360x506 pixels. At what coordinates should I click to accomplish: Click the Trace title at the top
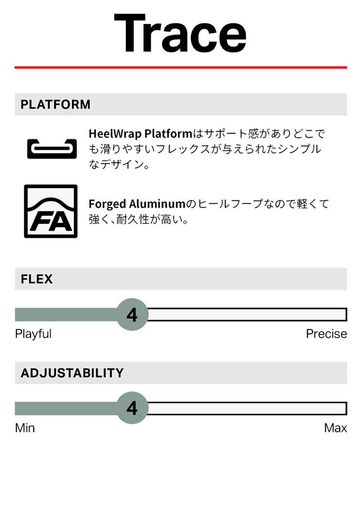pos(180,33)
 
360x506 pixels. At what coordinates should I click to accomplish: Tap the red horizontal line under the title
pos(180,68)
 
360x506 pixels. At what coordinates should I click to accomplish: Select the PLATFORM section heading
pos(55,105)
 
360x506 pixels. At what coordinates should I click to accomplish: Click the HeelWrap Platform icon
pos(52,149)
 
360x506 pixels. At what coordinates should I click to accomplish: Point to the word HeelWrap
pos(115,134)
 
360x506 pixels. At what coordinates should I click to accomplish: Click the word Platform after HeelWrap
pos(168,134)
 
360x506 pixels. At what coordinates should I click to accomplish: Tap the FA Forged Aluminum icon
pos(51,211)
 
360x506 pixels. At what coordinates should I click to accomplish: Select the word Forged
pos(108,204)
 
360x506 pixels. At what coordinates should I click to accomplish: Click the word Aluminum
pos(157,204)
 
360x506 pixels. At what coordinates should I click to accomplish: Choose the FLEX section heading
pos(36,279)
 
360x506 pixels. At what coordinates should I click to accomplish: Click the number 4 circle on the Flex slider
pos(132,315)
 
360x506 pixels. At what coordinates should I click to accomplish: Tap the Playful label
pos(33,334)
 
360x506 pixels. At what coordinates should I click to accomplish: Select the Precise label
pos(326,334)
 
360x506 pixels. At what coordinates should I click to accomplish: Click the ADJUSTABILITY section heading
pos(72,373)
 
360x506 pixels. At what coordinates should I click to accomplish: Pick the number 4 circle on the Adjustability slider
pos(132,408)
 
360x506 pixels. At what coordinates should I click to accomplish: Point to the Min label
pos(25,428)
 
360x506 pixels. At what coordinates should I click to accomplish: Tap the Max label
pos(336,428)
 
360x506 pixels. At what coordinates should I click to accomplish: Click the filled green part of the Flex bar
pos(66,315)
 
